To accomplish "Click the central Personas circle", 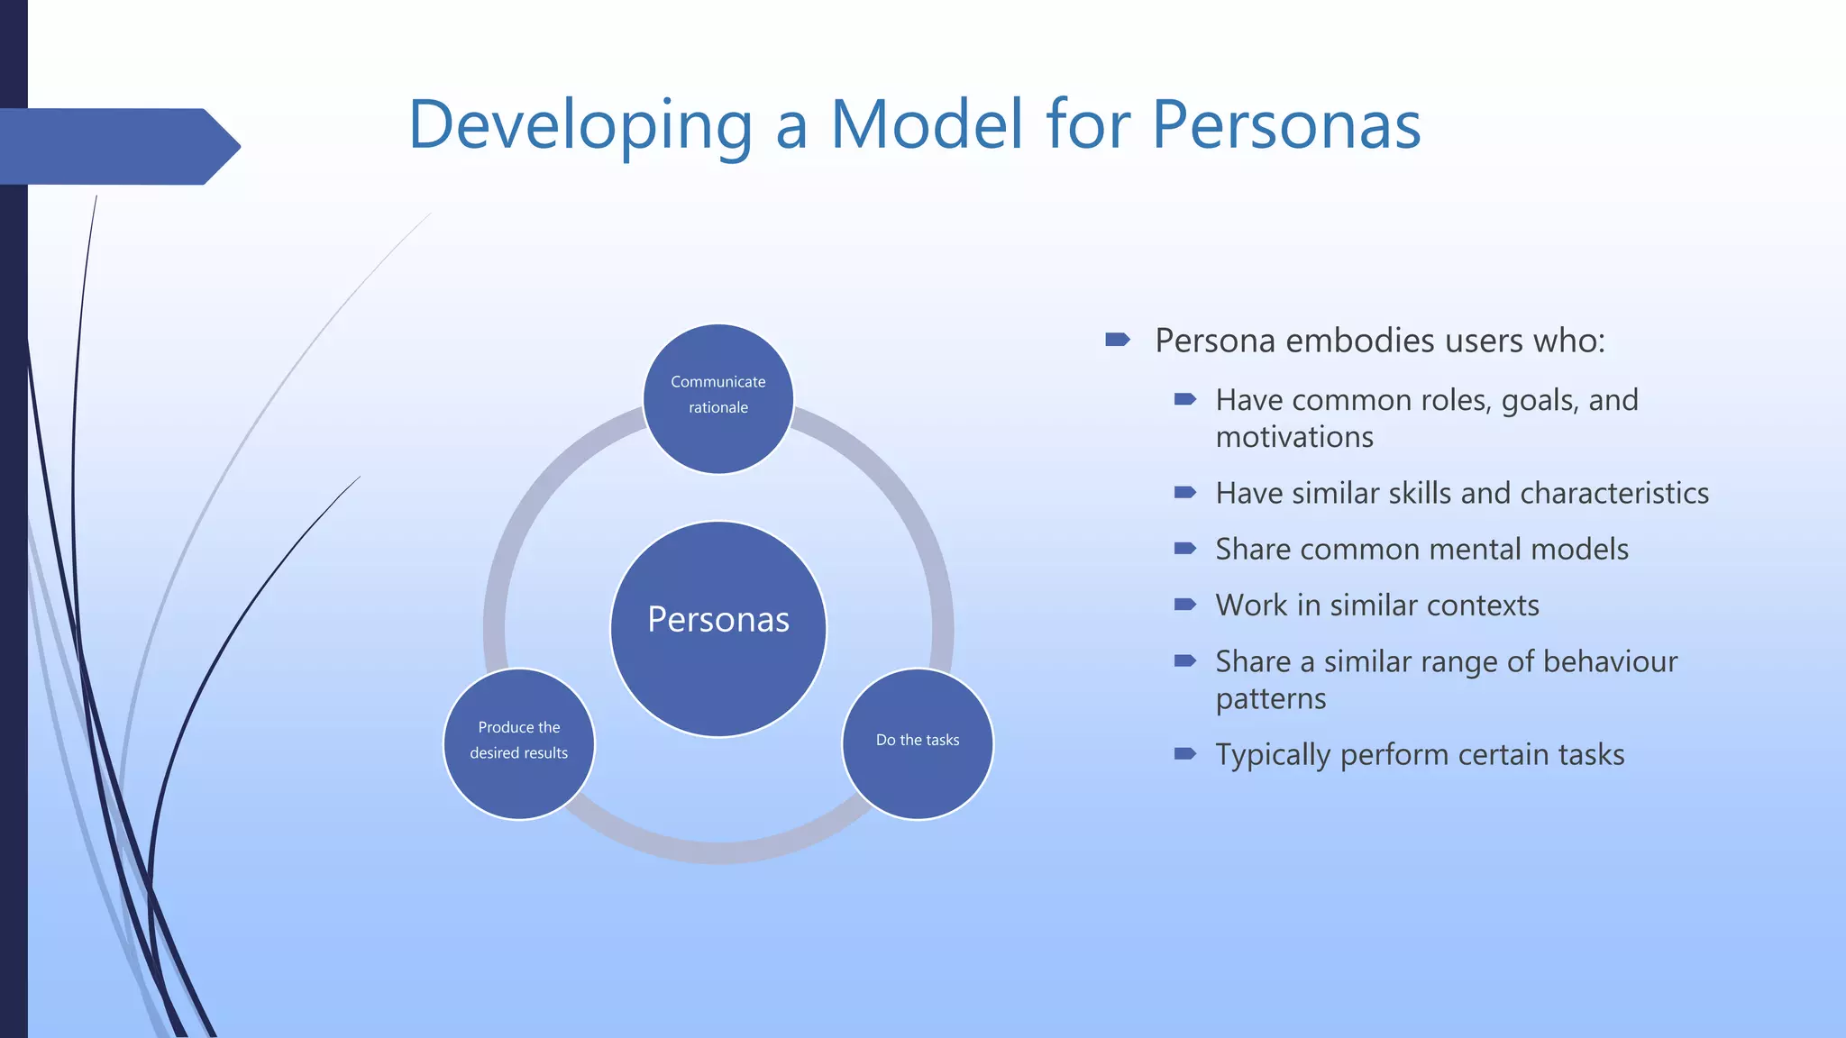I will tap(718, 628).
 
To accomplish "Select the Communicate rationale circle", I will tap(718, 398).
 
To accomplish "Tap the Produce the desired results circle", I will tap(519, 743).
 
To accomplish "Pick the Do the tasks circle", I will tap(918, 743).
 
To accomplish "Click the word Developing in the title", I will tap(580, 125).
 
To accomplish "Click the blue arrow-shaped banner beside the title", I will tap(117, 146).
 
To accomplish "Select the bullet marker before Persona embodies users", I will tap(1117, 340).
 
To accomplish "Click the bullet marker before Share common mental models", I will tap(1184, 548).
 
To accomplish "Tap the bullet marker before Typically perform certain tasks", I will tap(1184, 753).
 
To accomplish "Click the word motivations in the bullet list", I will tap(1294, 437).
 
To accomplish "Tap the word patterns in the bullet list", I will tap(1270, 698).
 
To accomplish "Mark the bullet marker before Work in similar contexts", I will tap(1184, 604).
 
